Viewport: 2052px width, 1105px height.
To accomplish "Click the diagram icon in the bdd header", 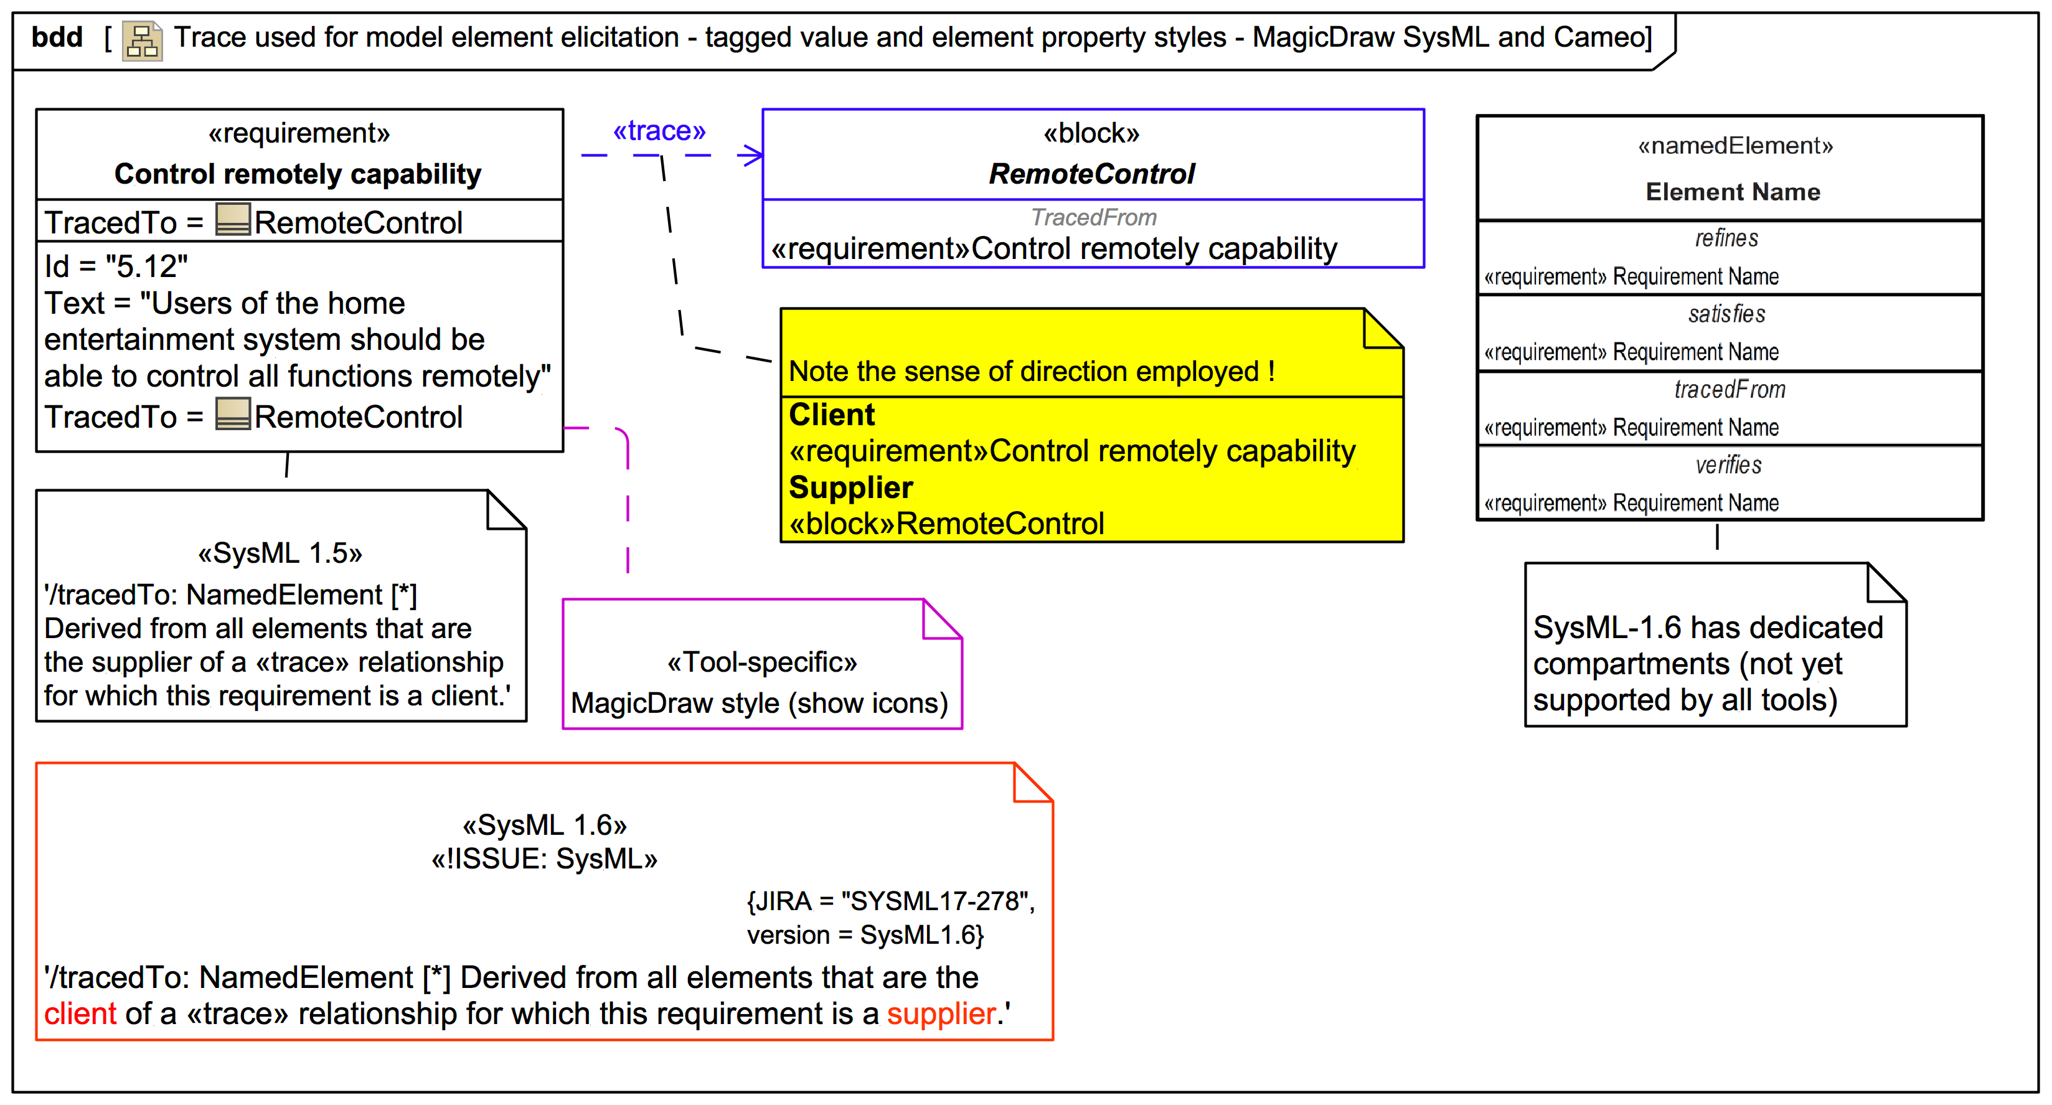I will click(x=143, y=40).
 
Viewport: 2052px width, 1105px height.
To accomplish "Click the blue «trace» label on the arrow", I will click(x=659, y=131).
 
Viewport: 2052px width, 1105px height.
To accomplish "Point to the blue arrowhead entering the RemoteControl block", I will click(x=752, y=156).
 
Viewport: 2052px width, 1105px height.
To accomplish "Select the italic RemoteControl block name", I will click(x=1091, y=174).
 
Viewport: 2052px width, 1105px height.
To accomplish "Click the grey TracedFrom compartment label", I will click(x=1093, y=217).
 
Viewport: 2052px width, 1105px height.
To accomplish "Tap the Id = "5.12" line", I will click(x=116, y=266).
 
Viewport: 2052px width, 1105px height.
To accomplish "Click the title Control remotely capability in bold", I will click(x=298, y=174).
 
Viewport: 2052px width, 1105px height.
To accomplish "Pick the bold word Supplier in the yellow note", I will click(x=851, y=487).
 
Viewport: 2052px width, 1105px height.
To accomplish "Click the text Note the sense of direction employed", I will click(x=1031, y=371).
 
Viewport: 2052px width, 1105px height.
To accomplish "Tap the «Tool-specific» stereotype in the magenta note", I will click(x=761, y=662).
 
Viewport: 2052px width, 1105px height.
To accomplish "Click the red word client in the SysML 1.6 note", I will click(x=80, y=1013).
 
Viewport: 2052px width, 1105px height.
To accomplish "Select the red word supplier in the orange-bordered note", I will click(x=941, y=1013).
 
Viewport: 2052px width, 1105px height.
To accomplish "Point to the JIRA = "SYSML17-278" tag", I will click(x=890, y=901).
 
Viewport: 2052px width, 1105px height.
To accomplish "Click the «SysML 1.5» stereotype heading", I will click(x=280, y=552).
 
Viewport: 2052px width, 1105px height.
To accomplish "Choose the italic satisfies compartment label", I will click(x=1726, y=314).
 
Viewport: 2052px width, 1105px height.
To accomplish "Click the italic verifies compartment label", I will click(x=1728, y=464).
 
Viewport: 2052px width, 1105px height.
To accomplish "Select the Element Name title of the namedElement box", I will click(x=1733, y=192).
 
